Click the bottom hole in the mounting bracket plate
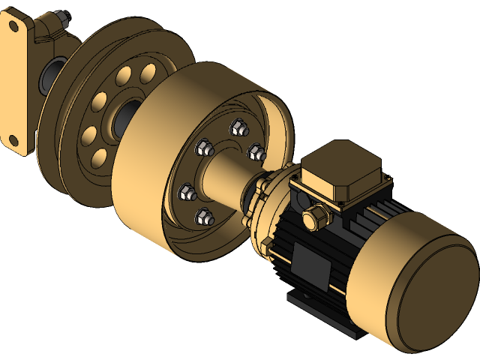[x=13, y=139]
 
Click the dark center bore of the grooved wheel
[x=124, y=116]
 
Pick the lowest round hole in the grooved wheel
[x=97, y=158]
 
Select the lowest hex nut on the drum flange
[x=202, y=218]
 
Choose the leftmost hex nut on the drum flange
[x=185, y=193]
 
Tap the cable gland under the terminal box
[x=314, y=218]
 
